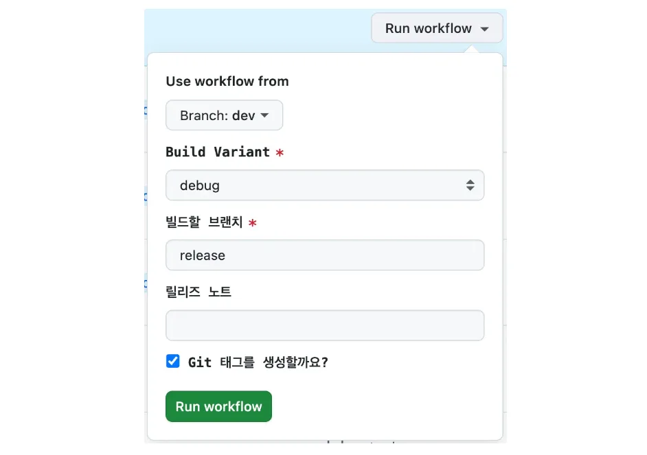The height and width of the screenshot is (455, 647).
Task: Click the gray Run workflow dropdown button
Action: click(437, 29)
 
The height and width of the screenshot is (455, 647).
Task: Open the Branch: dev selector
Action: click(224, 115)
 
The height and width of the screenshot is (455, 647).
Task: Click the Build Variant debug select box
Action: click(324, 185)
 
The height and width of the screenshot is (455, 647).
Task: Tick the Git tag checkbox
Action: click(173, 361)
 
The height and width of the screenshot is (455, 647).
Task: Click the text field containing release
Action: click(324, 255)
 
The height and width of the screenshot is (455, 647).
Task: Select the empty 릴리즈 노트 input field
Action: click(324, 325)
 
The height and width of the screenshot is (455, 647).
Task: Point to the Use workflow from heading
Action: click(227, 81)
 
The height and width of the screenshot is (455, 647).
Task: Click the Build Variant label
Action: click(218, 152)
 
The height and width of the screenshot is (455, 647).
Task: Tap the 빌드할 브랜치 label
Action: click(204, 222)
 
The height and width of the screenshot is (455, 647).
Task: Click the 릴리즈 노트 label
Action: click(198, 292)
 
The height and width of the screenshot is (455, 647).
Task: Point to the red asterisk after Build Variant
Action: click(280, 153)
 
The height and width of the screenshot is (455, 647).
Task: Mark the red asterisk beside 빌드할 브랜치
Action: click(253, 223)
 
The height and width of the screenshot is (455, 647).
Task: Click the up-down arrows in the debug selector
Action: click(470, 185)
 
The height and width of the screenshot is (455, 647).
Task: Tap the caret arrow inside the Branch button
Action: click(264, 116)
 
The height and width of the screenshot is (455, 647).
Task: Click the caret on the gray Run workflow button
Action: click(484, 30)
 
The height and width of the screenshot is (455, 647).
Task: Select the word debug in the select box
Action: click(200, 185)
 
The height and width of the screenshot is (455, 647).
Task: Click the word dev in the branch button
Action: click(243, 115)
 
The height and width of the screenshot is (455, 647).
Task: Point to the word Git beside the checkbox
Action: click(200, 362)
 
